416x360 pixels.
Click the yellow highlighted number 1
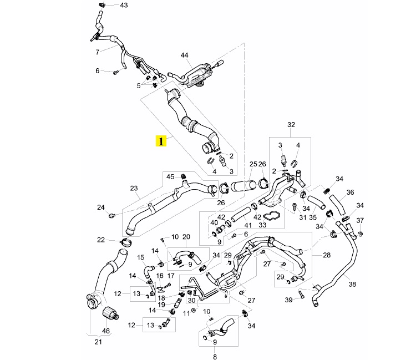[x=161, y=141]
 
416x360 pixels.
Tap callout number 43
[x=123, y=5]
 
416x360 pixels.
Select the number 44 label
[x=184, y=55]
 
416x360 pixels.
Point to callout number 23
[x=134, y=188]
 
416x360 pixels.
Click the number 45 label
[x=171, y=176]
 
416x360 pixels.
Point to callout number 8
[x=215, y=350]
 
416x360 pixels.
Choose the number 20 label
[x=186, y=237]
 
